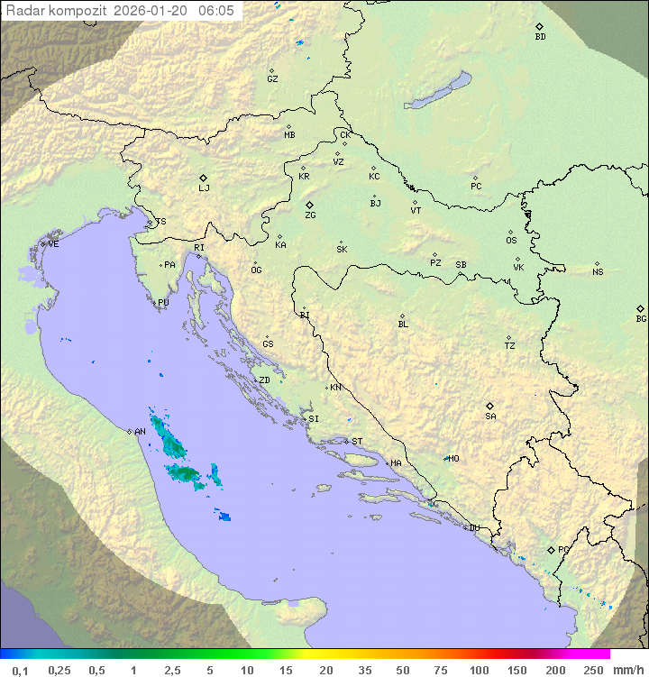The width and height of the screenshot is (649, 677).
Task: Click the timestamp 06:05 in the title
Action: [216, 10]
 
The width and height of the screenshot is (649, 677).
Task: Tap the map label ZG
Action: [310, 215]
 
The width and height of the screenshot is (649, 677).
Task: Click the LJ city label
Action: [204, 188]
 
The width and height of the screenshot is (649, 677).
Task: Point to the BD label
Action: [540, 37]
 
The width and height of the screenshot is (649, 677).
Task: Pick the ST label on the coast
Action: [357, 442]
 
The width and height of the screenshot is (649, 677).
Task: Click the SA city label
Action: [490, 416]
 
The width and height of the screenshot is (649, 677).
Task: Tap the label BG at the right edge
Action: [641, 318]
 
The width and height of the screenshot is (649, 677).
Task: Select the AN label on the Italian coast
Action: [140, 432]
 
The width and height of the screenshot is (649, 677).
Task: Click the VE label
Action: [53, 244]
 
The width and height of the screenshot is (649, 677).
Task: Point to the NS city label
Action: [598, 272]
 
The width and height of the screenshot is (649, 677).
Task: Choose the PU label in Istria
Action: [163, 303]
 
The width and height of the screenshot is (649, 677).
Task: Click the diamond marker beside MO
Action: [445, 458]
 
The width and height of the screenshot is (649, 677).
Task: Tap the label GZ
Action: [272, 79]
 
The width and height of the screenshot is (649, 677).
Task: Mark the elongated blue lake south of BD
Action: [438, 91]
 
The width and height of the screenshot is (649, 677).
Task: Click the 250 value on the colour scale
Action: [592, 670]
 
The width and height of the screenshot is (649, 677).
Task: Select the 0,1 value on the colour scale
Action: [19, 670]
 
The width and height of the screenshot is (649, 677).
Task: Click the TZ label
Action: [510, 346]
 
